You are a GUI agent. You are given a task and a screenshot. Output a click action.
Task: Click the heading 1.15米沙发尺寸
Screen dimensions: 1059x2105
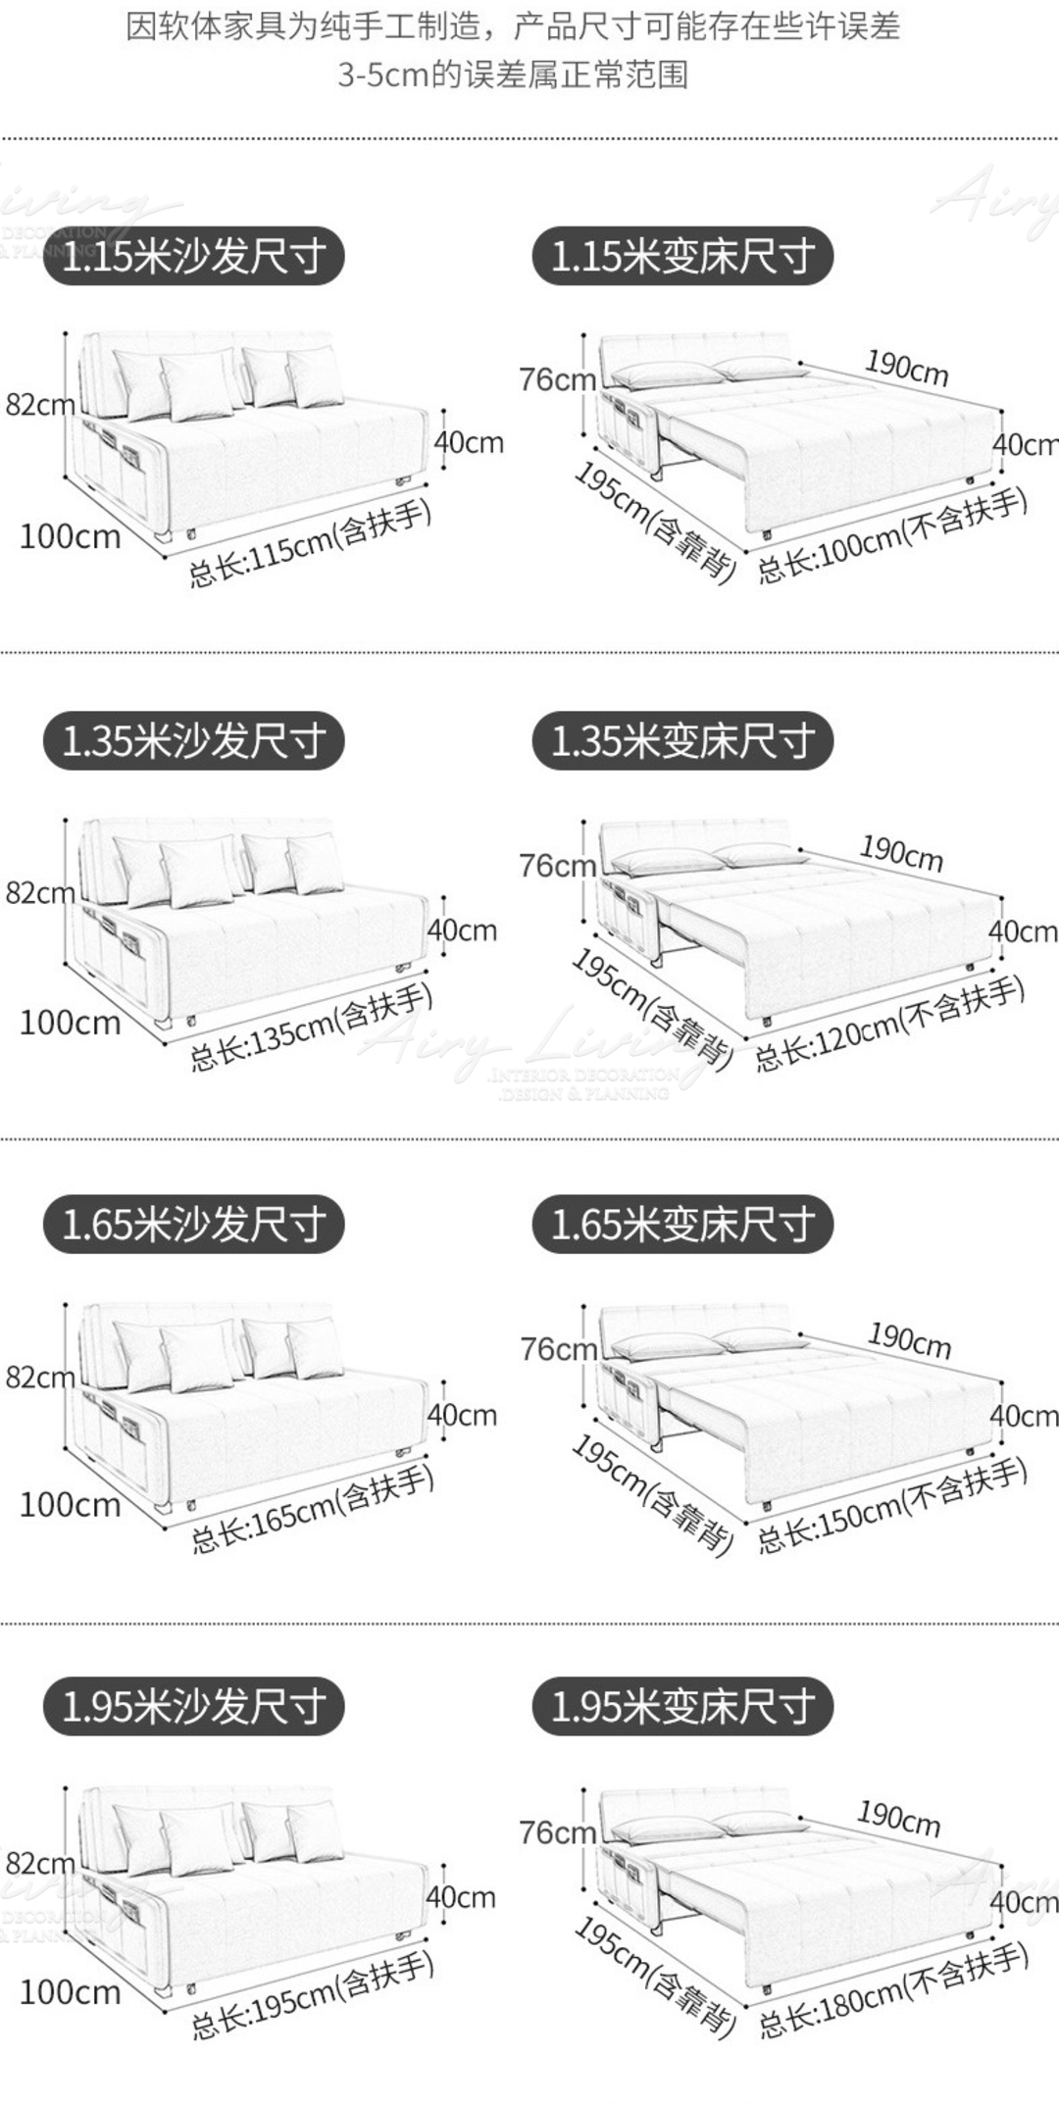click(x=193, y=257)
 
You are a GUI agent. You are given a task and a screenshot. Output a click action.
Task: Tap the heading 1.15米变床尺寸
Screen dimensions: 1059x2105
click(x=682, y=257)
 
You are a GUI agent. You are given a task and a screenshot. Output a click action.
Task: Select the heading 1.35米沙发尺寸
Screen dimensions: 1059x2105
click(x=193, y=741)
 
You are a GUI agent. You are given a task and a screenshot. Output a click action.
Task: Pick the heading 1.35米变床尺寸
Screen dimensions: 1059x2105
click(x=682, y=741)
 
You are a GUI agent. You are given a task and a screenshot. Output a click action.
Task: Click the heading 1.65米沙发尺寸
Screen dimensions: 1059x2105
click(x=193, y=1225)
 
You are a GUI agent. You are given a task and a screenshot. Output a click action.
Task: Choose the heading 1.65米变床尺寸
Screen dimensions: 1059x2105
click(x=682, y=1225)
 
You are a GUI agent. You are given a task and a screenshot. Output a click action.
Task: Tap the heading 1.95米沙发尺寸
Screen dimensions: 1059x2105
click(x=193, y=1707)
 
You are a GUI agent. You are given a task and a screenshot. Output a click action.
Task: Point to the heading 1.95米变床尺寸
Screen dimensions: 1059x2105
click(x=682, y=1707)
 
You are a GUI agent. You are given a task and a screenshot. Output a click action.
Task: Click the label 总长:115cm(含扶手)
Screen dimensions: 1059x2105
click(x=311, y=545)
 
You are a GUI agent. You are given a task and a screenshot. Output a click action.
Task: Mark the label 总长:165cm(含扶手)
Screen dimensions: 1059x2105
click(x=313, y=1511)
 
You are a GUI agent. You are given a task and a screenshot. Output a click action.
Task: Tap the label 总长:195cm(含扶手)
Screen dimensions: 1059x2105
click(x=313, y=1995)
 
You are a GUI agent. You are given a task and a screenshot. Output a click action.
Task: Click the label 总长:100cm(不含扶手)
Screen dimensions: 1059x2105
click(x=892, y=535)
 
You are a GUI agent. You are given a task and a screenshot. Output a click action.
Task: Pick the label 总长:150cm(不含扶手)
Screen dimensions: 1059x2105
click(x=892, y=1506)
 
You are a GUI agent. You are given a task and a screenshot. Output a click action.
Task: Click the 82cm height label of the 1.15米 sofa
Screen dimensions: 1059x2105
click(x=39, y=404)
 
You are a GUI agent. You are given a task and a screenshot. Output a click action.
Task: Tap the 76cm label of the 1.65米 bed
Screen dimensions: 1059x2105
click(x=558, y=1350)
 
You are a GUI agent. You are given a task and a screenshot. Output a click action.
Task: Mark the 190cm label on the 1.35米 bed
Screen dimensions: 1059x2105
click(x=901, y=853)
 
